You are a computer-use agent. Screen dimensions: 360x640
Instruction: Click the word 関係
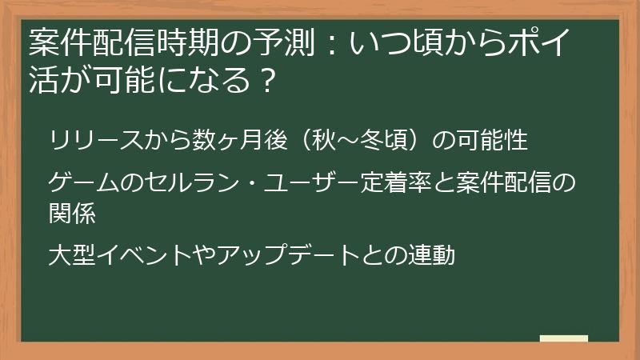tap(72, 214)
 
